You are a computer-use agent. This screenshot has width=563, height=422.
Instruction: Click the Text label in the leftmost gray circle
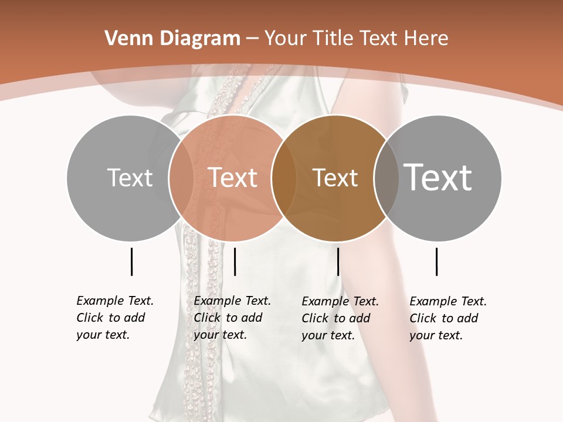[x=130, y=178]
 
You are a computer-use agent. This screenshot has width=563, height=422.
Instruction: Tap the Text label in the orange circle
[x=232, y=178]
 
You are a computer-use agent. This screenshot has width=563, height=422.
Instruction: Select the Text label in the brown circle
[x=335, y=178]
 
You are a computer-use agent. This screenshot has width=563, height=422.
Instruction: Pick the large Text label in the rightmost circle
[x=437, y=177]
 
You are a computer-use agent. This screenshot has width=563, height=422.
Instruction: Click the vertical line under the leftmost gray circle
[x=131, y=261]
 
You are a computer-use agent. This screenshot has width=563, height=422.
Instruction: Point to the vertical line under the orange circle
[x=235, y=261]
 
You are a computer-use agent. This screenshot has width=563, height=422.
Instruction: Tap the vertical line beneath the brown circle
[x=338, y=261]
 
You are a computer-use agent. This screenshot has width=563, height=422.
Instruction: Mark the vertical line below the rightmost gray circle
[x=436, y=261]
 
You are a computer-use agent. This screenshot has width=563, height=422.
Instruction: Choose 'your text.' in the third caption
[x=328, y=335]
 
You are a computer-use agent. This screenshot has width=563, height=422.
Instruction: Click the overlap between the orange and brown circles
[x=279, y=178]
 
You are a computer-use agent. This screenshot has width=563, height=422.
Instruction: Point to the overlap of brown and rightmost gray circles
[x=382, y=178]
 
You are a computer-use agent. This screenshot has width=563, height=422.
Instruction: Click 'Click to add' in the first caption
[x=110, y=318]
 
